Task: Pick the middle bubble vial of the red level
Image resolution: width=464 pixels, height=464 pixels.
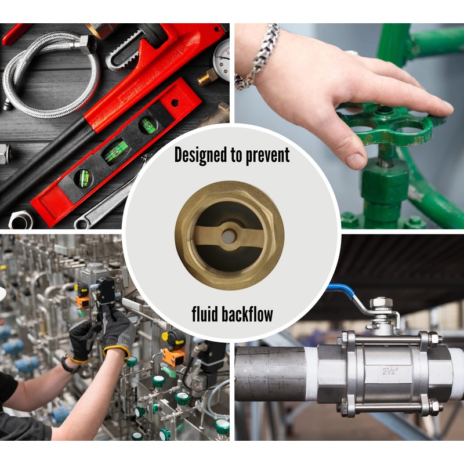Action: [116, 153]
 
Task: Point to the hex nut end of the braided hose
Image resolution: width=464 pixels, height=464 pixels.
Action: [87, 44]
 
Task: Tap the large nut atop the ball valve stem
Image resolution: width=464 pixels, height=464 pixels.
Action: [380, 303]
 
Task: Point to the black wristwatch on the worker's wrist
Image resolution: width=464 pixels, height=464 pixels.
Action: [68, 364]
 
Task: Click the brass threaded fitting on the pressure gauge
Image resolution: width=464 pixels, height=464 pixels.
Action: [206, 76]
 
